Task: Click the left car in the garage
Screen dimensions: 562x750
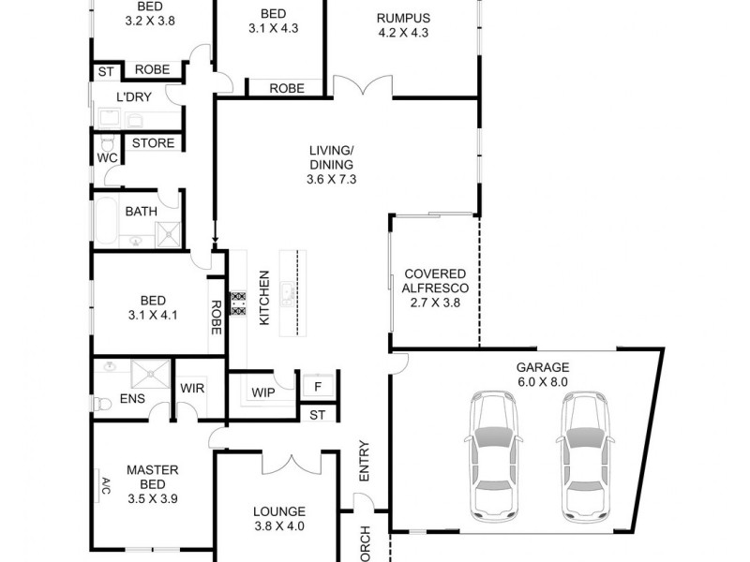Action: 495,454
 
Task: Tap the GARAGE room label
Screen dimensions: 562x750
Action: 542,368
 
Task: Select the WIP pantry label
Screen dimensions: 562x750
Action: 264,392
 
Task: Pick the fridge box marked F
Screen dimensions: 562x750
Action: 318,386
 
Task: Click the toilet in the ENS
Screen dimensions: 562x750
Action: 102,404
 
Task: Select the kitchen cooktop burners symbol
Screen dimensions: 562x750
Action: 238,307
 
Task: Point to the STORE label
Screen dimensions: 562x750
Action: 153,143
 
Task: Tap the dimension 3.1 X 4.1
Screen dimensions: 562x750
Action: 151,316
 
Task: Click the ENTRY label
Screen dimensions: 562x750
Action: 365,462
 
